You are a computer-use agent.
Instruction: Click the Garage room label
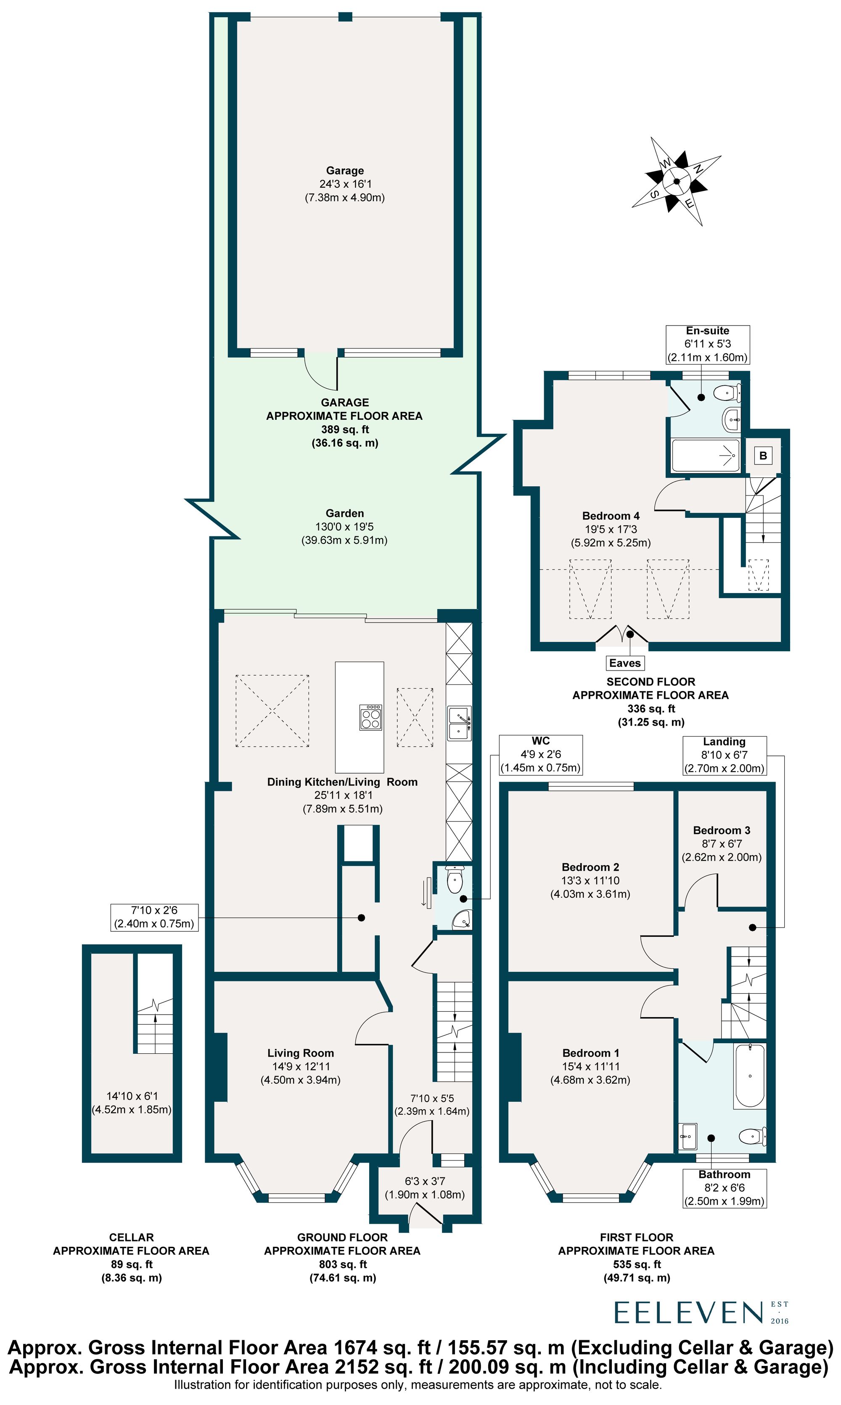[344, 171]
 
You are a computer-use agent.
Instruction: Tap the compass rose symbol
[677, 181]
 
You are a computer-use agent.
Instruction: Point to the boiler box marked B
[763, 456]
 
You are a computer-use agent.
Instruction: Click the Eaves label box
[624, 663]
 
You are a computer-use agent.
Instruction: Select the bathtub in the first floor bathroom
[750, 1076]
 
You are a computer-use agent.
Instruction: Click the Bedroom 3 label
[722, 830]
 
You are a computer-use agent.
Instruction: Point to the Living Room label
[300, 1053]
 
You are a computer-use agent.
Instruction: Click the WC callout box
[541, 754]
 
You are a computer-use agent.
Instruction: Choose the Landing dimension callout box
[724, 756]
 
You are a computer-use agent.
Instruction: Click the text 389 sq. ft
[344, 429]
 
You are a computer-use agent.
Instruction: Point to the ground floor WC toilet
[455, 881]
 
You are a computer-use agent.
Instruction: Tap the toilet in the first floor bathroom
[752, 1136]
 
